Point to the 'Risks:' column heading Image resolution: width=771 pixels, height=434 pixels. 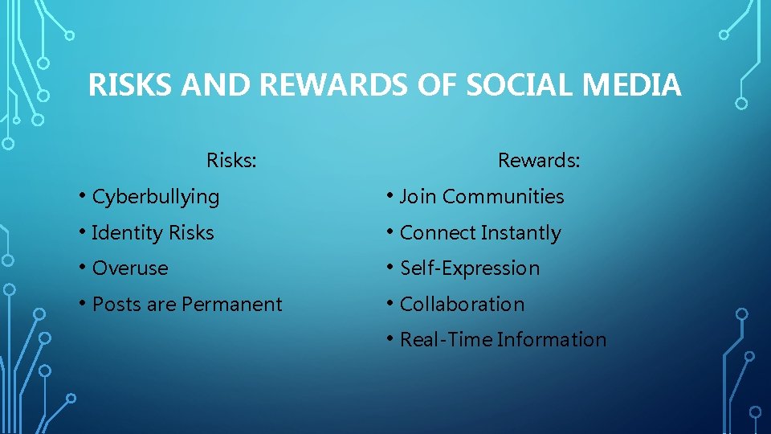click(x=231, y=161)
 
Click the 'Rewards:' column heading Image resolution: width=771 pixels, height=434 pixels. click(x=539, y=161)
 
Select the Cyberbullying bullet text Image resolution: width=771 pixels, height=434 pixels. click(x=156, y=197)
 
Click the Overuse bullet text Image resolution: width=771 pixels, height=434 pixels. click(x=130, y=268)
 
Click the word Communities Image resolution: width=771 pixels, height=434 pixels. click(x=504, y=197)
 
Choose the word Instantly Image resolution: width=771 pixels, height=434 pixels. click(x=521, y=233)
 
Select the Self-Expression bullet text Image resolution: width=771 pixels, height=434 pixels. click(x=470, y=268)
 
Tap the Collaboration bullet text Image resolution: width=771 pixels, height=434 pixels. click(x=462, y=305)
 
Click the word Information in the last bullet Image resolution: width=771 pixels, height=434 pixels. click(x=552, y=340)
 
